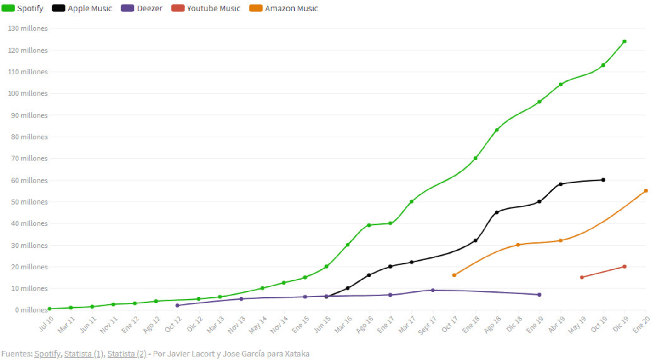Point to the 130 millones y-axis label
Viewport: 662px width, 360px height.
point(28,29)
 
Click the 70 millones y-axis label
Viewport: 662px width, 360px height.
point(29,159)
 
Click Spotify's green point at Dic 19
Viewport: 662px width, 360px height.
point(624,41)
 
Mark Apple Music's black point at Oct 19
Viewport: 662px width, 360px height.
point(603,180)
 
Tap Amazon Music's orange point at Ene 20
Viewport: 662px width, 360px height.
point(646,191)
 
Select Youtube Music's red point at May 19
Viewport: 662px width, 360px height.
point(582,277)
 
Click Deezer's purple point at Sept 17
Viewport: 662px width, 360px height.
point(433,290)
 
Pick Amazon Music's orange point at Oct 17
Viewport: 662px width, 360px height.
point(454,275)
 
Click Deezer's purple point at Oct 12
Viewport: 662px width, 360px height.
point(177,305)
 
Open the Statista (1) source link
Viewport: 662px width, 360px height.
point(84,354)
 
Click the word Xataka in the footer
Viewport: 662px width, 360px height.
point(297,354)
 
